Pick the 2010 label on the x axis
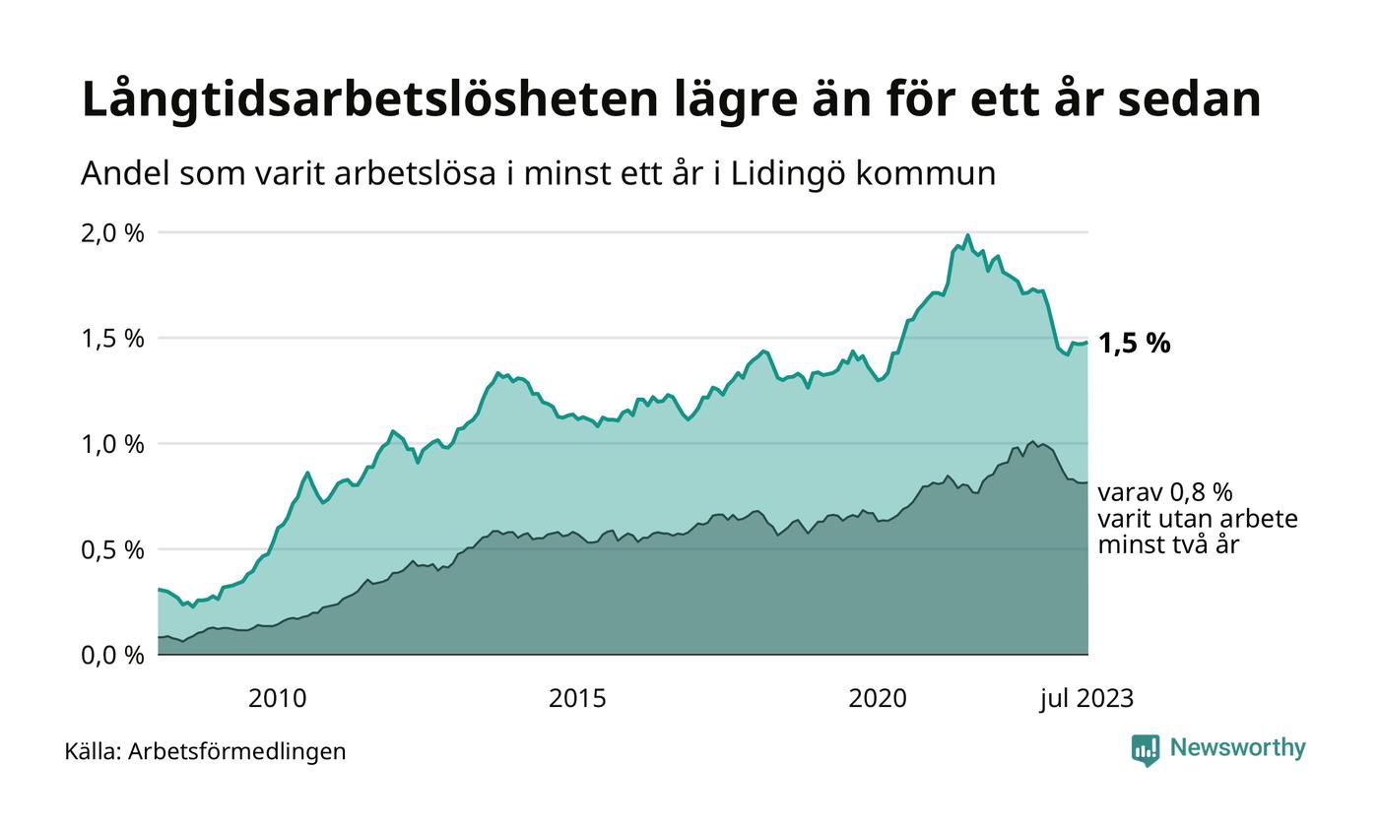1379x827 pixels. (x=277, y=699)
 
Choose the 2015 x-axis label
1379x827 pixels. (x=577, y=699)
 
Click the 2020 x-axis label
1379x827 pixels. (x=878, y=699)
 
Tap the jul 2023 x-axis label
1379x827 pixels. (x=1087, y=699)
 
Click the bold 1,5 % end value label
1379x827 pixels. (x=1134, y=344)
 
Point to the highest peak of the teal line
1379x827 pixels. (x=967, y=235)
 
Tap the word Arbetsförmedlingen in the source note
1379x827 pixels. (x=236, y=751)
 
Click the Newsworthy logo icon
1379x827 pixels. (x=1145, y=750)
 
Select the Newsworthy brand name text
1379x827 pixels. (x=1237, y=748)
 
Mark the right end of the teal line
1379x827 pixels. (x=1087, y=343)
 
